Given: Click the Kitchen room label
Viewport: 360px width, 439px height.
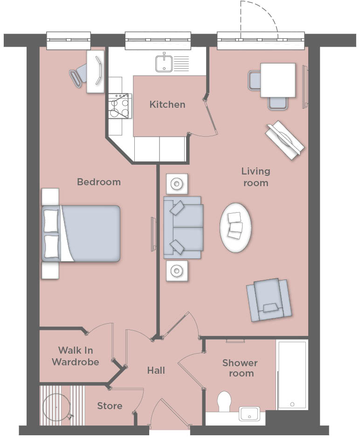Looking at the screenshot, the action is pyautogui.click(x=167, y=105).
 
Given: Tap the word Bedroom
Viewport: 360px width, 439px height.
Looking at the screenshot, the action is pyautogui.click(x=99, y=182).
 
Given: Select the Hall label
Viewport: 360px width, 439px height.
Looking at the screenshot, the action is pyautogui.click(x=156, y=370).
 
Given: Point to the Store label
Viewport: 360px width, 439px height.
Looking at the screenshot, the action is pyautogui.click(x=110, y=406).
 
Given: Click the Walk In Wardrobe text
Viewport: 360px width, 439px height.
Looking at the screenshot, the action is pyautogui.click(x=75, y=356).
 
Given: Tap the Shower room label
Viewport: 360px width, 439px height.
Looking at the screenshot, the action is pyautogui.click(x=240, y=368).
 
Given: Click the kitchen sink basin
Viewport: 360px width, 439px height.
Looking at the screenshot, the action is pyautogui.click(x=164, y=63).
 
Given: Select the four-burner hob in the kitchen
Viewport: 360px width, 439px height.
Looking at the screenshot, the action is pyautogui.click(x=120, y=106).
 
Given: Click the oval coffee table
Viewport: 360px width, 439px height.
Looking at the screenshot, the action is pyautogui.click(x=235, y=228).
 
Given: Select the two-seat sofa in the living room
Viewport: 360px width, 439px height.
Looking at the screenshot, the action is pyautogui.click(x=183, y=227).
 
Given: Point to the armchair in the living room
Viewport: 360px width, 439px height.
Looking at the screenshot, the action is pyautogui.click(x=269, y=300).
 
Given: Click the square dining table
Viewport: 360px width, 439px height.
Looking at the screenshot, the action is pyautogui.click(x=278, y=80).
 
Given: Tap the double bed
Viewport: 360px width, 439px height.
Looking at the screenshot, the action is pyautogui.click(x=81, y=234).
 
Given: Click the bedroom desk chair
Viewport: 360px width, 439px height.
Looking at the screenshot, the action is pyautogui.click(x=78, y=74).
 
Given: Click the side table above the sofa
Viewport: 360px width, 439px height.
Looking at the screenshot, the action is pyautogui.click(x=177, y=184).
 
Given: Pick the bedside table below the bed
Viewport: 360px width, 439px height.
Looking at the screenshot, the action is pyautogui.click(x=50, y=271).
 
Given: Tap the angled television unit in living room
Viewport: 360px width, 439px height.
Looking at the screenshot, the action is pyautogui.click(x=285, y=140).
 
